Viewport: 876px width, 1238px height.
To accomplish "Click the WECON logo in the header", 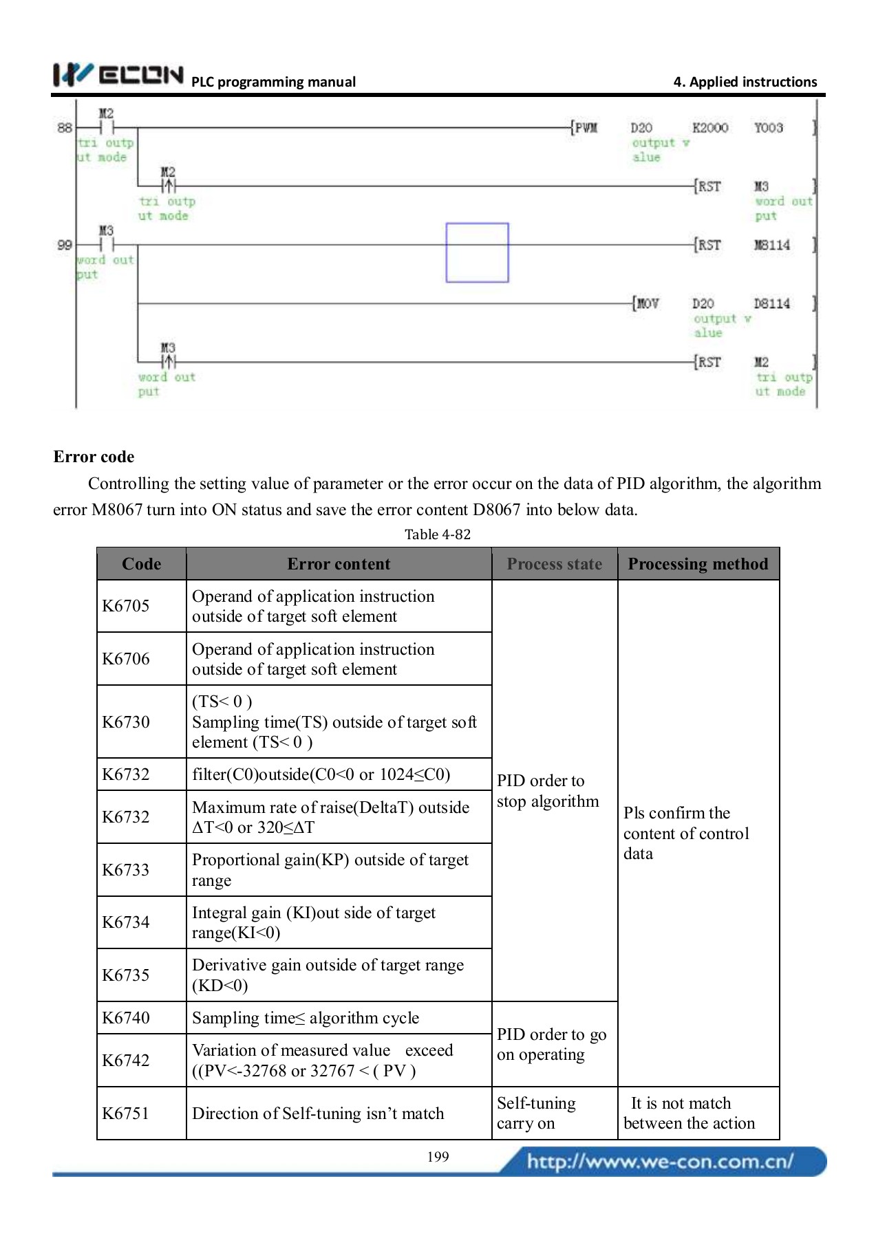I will [118, 74].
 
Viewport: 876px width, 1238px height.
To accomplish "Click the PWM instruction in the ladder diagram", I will [586, 128].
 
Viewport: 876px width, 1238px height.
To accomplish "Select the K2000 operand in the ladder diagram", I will [709, 128].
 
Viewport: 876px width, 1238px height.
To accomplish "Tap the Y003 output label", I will [768, 128].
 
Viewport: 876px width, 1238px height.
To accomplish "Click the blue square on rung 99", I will [477, 252].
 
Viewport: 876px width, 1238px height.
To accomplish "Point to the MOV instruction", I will [647, 303].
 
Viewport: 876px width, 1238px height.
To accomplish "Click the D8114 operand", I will [771, 303].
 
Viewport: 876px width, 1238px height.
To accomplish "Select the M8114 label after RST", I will [771, 245].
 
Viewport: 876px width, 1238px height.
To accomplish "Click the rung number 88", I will [65, 128].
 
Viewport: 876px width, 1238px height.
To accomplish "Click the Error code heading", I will [94, 457].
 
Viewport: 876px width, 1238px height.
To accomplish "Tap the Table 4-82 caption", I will [437, 534].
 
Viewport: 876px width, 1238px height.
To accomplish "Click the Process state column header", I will [554, 564].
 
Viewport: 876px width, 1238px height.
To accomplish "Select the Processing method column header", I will [698, 564].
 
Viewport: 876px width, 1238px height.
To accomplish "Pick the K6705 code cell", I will [126, 606].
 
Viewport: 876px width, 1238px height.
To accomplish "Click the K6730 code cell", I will [126, 722].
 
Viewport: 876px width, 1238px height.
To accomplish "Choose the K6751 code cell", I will [126, 1113].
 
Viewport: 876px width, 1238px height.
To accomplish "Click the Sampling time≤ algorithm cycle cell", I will [306, 1018].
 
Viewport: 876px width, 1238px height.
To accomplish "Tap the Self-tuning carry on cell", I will [536, 1113].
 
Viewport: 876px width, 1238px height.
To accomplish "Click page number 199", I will [438, 1157].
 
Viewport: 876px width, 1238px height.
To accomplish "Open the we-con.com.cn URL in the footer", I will [660, 1162].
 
